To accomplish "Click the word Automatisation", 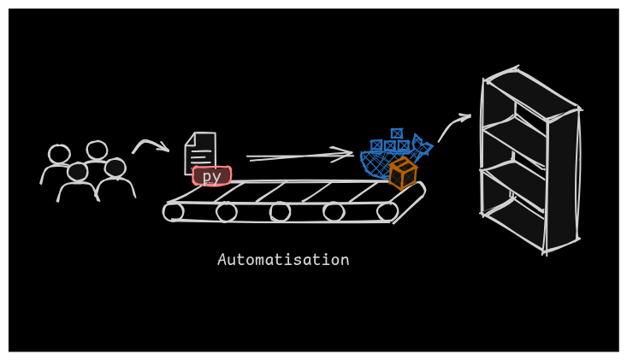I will tap(283, 260).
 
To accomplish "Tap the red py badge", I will tap(211, 176).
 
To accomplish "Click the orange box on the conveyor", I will tap(402, 173).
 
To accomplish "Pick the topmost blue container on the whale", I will tap(397, 133).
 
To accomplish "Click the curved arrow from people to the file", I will tap(150, 145).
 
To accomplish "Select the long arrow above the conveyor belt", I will tap(299, 156).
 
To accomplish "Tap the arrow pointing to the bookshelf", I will tap(453, 126).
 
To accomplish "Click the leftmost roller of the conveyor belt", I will tap(174, 211).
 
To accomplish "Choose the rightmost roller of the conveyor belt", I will tap(387, 211).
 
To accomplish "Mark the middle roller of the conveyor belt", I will tap(280, 211).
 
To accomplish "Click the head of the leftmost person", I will tap(59, 154).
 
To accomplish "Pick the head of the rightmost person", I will tap(115, 168).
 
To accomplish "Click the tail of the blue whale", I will tap(421, 145).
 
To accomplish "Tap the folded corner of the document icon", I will tap(191, 139).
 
